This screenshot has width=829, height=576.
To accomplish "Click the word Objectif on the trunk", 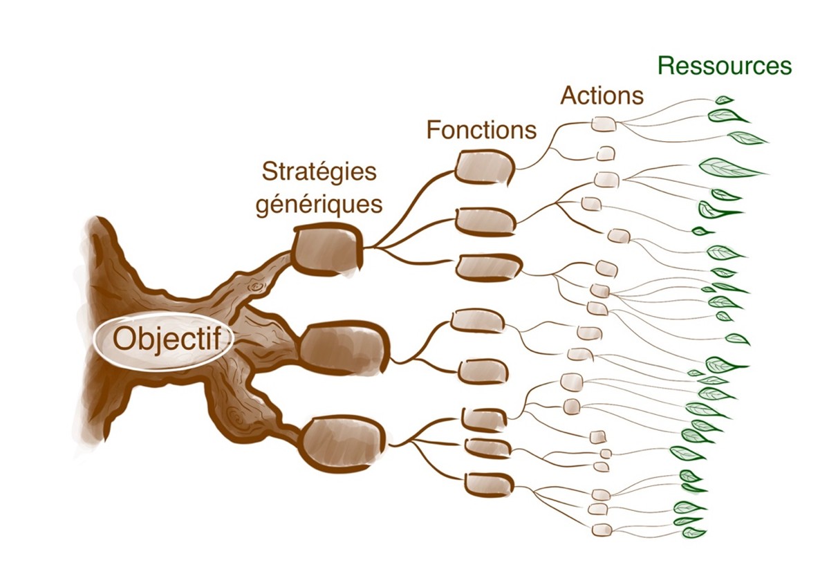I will [x=163, y=340].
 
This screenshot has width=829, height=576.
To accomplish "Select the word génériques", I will [x=319, y=205].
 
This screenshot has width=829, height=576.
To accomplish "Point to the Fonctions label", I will [x=481, y=129].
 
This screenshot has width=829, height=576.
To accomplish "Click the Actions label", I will [x=602, y=95].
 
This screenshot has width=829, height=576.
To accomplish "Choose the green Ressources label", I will [x=724, y=66].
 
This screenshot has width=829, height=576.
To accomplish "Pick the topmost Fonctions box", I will [x=485, y=167].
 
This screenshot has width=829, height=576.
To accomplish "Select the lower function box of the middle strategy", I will [x=483, y=371].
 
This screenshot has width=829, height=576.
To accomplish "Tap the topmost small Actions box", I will [x=604, y=124].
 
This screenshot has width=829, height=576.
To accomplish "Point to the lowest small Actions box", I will [x=602, y=530].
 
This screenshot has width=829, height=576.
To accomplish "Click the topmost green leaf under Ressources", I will [x=724, y=100].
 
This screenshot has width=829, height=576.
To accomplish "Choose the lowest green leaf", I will [x=693, y=532].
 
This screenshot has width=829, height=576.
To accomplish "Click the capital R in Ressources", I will [x=665, y=66].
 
